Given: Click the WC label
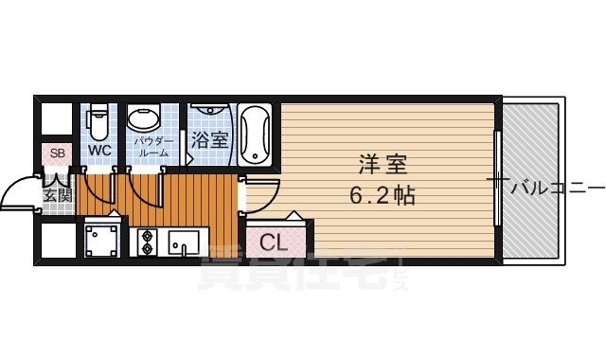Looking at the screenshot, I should pyautogui.click(x=99, y=151).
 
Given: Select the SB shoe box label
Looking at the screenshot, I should pyautogui.click(x=56, y=153).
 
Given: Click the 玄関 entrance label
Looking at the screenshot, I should pyautogui.click(x=57, y=195).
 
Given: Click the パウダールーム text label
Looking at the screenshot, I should pyautogui.click(x=153, y=147).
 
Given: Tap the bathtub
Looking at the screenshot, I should pyautogui.click(x=256, y=135).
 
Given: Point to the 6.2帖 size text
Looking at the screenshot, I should pyautogui.click(x=383, y=198).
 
